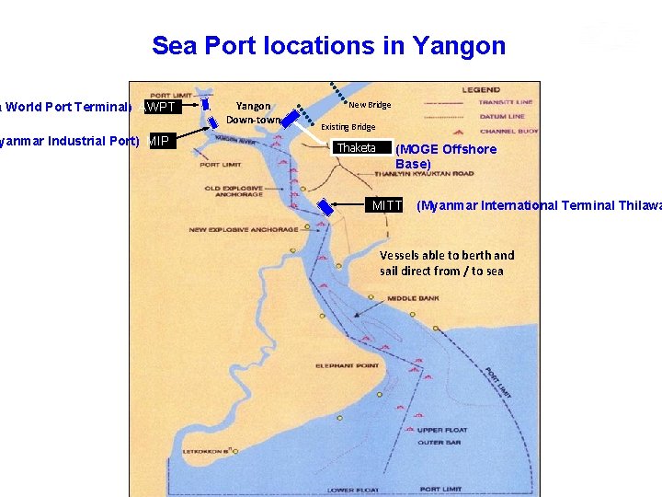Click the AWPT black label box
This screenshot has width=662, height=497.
[x=160, y=107]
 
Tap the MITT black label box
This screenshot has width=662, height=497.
[x=386, y=205]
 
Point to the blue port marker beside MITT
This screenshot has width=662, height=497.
[x=325, y=209]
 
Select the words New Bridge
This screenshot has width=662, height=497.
[x=370, y=105]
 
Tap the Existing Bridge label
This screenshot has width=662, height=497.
[x=348, y=127]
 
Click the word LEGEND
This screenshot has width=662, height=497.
[x=480, y=90]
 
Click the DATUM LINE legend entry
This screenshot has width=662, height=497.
[x=501, y=117]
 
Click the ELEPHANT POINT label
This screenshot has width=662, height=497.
[x=347, y=366]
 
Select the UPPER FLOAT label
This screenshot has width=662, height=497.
[x=441, y=430]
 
